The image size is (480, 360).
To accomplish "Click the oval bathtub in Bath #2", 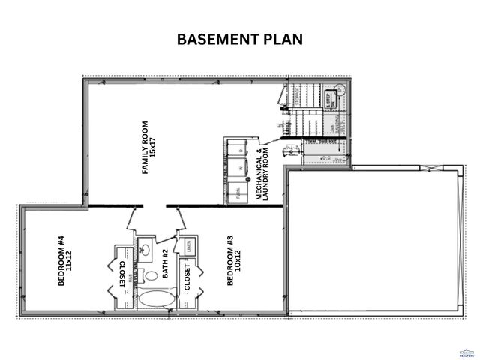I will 156,299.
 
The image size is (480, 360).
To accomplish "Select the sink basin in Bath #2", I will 146,250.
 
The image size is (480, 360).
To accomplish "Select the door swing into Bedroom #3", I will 181,219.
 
